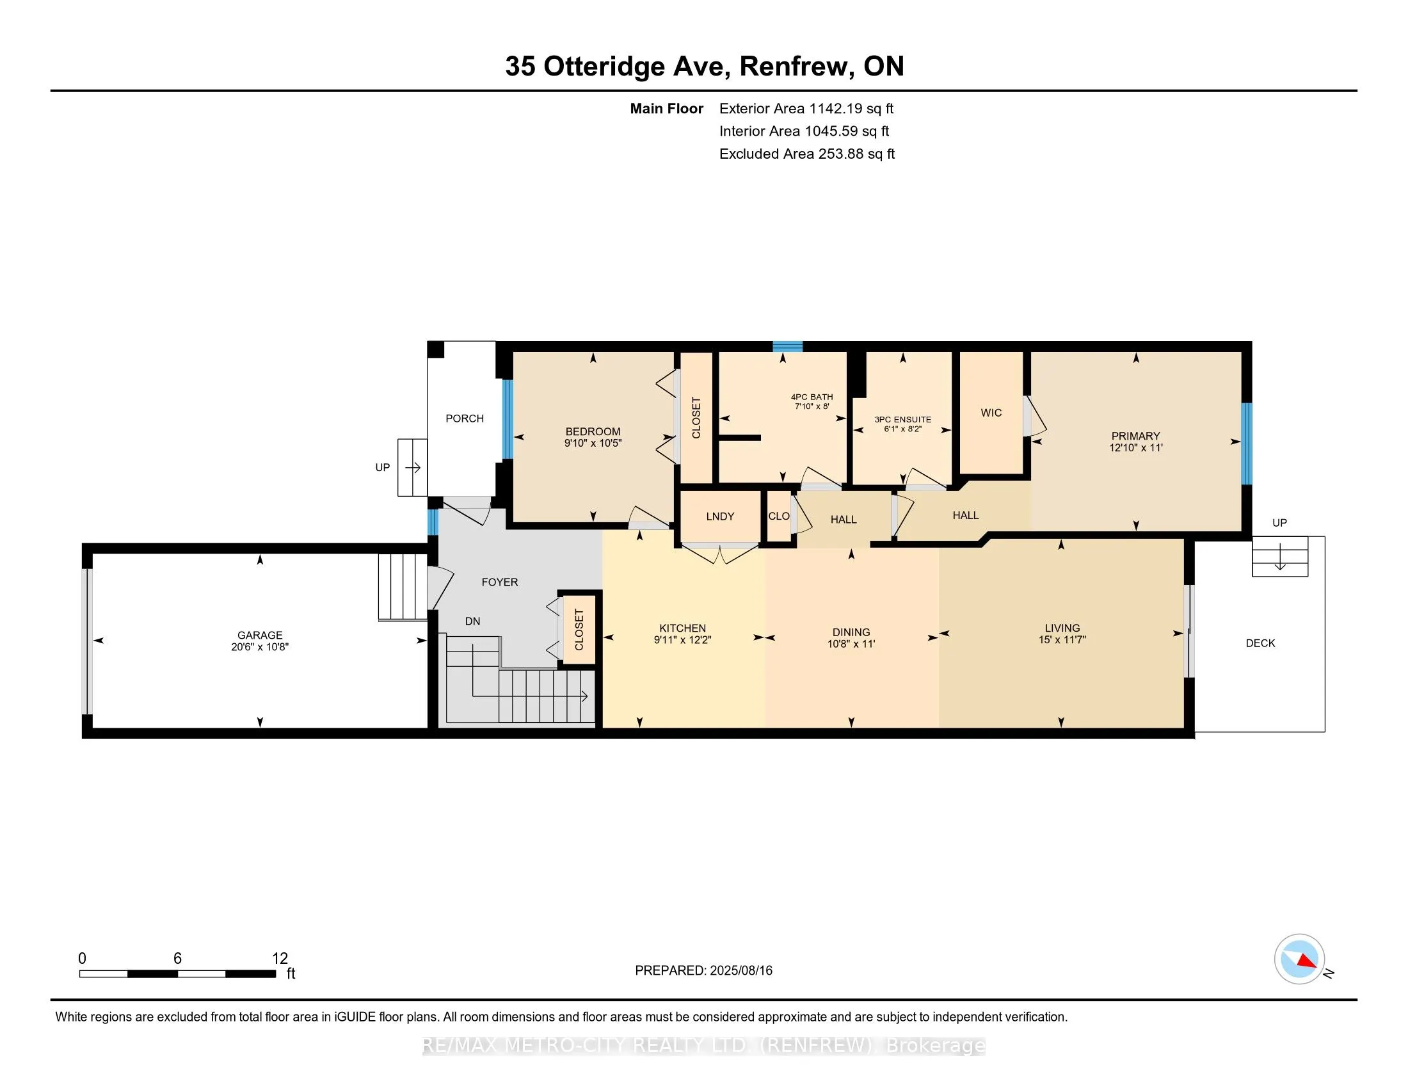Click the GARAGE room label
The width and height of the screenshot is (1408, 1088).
pos(260,635)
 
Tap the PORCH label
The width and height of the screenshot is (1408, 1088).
pos(465,419)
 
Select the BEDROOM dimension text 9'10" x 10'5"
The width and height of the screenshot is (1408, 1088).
pos(593,443)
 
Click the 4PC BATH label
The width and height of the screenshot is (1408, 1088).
pos(812,397)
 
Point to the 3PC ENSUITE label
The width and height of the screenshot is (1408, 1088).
pos(902,420)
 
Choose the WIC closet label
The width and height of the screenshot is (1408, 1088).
pos(991,413)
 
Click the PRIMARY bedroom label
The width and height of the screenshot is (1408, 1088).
pos(1136,436)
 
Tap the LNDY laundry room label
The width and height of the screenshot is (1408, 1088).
pos(720,516)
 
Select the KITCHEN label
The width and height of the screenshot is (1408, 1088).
pos(683,628)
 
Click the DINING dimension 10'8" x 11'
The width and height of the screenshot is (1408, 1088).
pos(852,643)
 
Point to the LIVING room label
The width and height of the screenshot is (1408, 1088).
pos(1062,628)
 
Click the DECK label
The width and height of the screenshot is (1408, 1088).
pos(1260,643)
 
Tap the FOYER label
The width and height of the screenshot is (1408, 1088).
pos(500,582)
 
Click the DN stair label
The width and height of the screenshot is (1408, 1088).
pos(472,621)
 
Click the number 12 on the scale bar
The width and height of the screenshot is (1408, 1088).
pos(280,959)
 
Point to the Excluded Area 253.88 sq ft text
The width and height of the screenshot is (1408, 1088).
pos(807,154)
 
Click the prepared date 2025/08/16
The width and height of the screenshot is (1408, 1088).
pos(740,971)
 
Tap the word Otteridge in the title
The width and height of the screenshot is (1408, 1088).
pos(605,67)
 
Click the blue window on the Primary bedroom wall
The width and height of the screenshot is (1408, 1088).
pos(1247,444)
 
